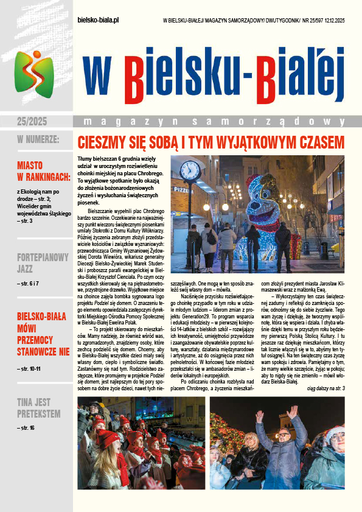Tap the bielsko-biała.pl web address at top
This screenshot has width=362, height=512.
99,20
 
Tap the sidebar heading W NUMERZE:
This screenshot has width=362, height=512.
38,141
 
